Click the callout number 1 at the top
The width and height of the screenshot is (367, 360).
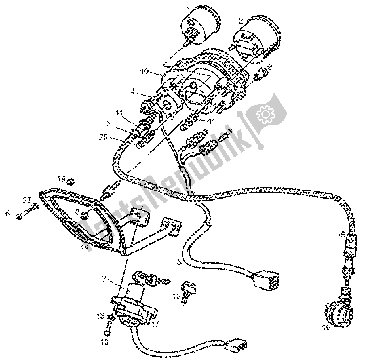[x=188, y=7]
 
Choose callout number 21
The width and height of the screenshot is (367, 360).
[x=112, y=125]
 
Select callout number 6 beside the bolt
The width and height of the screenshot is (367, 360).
[x=7, y=213]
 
